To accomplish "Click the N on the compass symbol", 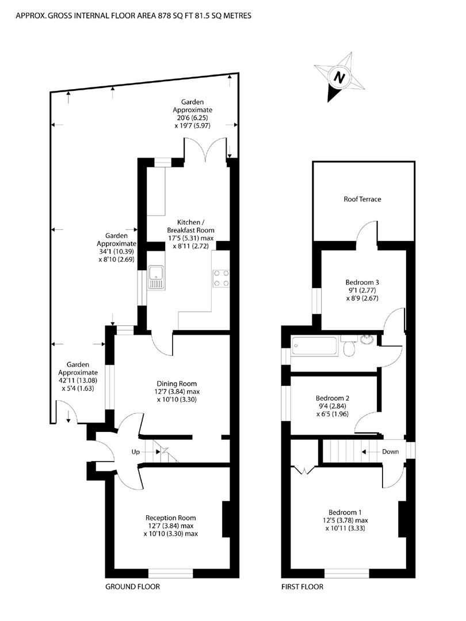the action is tap(339, 77).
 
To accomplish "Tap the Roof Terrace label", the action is tap(362, 199).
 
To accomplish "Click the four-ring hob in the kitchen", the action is tap(221, 278).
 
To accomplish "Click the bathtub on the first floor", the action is tap(315, 346).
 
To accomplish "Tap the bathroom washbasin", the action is tap(367, 340).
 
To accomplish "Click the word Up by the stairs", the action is tap(136, 452).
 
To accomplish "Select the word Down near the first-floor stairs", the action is tap(390, 451).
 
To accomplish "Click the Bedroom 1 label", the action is tap(345, 512).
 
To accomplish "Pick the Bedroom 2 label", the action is tap(333, 398).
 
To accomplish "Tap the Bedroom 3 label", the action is tap(362, 282).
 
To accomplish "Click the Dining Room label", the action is tap(177, 384).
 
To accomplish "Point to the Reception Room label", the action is tap(171, 518).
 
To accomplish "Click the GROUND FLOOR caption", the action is tap(132, 587).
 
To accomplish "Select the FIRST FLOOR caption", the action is tap(303, 587).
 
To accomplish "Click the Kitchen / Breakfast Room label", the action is tap(190, 226).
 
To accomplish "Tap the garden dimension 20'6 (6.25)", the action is tap(192, 118).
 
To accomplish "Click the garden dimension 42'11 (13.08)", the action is tap(78, 380).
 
